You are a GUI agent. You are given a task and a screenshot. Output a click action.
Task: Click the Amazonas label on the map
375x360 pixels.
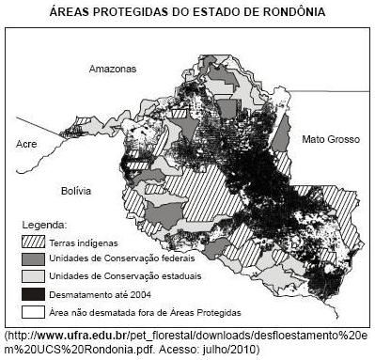pyautogui.click(x=113, y=70)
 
